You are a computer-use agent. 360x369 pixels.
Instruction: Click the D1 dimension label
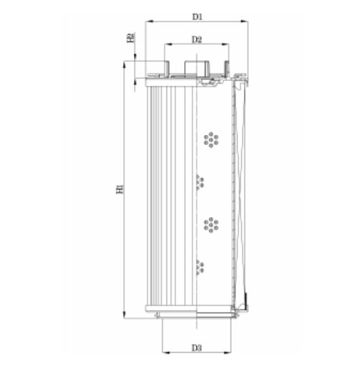click(197, 16)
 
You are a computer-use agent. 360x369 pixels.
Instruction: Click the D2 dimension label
click(196, 40)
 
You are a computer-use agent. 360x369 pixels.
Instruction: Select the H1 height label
click(119, 188)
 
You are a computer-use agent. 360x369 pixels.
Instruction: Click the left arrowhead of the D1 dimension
click(148, 22)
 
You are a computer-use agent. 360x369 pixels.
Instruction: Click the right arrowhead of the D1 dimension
click(246, 22)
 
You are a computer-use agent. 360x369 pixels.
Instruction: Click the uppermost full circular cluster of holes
click(211, 139)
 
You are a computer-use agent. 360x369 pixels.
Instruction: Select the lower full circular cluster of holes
click(211, 224)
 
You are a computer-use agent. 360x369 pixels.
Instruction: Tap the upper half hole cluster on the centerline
click(200, 182)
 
